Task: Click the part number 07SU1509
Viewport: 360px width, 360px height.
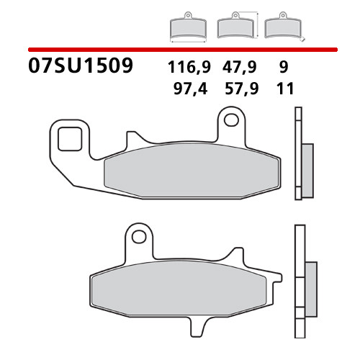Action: (x=81, y=67)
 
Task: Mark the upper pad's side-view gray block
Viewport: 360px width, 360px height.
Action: (x=305, y=163)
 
